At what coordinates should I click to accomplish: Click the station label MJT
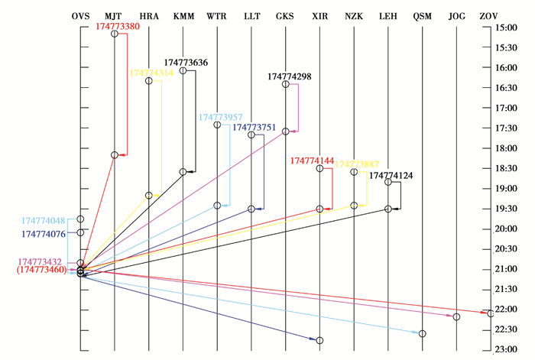(114, 15)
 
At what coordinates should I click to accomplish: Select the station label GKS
(286, 15)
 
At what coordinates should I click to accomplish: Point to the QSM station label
(423, 15)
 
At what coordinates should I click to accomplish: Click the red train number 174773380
(128, 25)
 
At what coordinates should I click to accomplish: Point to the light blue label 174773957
(220, 118)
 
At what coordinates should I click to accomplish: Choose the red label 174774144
(312, 161)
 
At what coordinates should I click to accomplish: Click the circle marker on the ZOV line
(491, 313)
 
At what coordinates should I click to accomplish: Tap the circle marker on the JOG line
(456, 316)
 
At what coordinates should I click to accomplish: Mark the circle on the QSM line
(423, 333)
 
